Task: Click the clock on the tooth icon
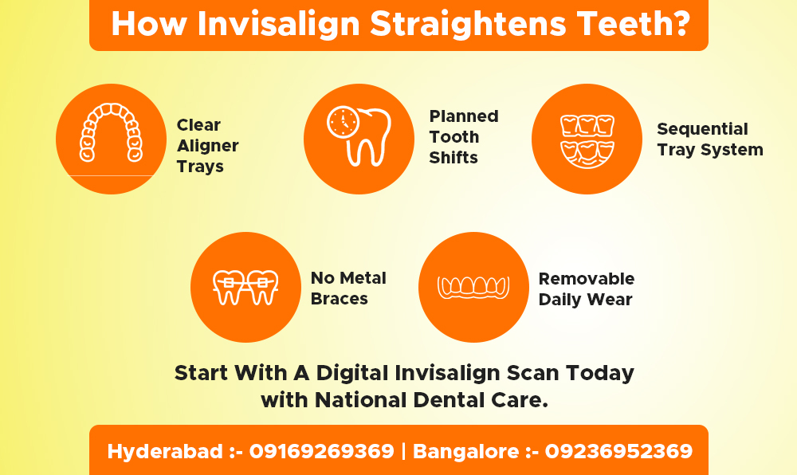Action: pyautogui.click(x=344, y=122)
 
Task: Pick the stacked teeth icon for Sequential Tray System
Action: pyautogui.click(x=587, y=139)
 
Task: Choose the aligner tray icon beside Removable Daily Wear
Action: pyautogui.click(x=473, y=287)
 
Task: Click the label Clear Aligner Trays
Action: pyautogui.click(x=207, y=146)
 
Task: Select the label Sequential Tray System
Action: pyautogui.click(x=709, y=139)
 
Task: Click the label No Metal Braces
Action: pyautogui.click(x=348, y=289)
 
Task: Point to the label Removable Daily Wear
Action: pyautogui.click(x=587, y=289)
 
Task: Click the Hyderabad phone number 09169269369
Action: pyautogui.click(x=321, y=452)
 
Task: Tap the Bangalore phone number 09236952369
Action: pyautogui.click(x=618, y=452)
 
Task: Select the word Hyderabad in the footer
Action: pyautogui.click(x=165, y=452)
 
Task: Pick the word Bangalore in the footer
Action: pyautogui.click(x=465, y=452)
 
